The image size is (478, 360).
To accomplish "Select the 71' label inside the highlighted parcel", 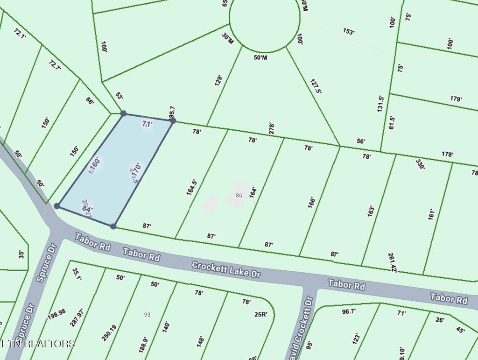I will coord(147,124).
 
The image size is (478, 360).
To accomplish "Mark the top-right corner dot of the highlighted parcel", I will coord(173,120).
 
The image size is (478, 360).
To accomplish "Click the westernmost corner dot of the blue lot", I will coord(57,206).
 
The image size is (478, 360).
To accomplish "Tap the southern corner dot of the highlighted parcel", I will coord(113,226).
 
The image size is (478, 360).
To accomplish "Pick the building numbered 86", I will coord(239,195).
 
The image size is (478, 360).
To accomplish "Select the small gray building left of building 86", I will coord(211,203).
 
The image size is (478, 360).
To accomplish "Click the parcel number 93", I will coord(148,315).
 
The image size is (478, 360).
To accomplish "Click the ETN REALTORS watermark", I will coord(38,344).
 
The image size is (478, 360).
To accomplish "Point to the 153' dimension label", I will coord(349,32).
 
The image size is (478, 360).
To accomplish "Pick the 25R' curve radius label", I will coord(260,314).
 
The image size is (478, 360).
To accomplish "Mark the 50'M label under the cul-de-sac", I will coord(260,57).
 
